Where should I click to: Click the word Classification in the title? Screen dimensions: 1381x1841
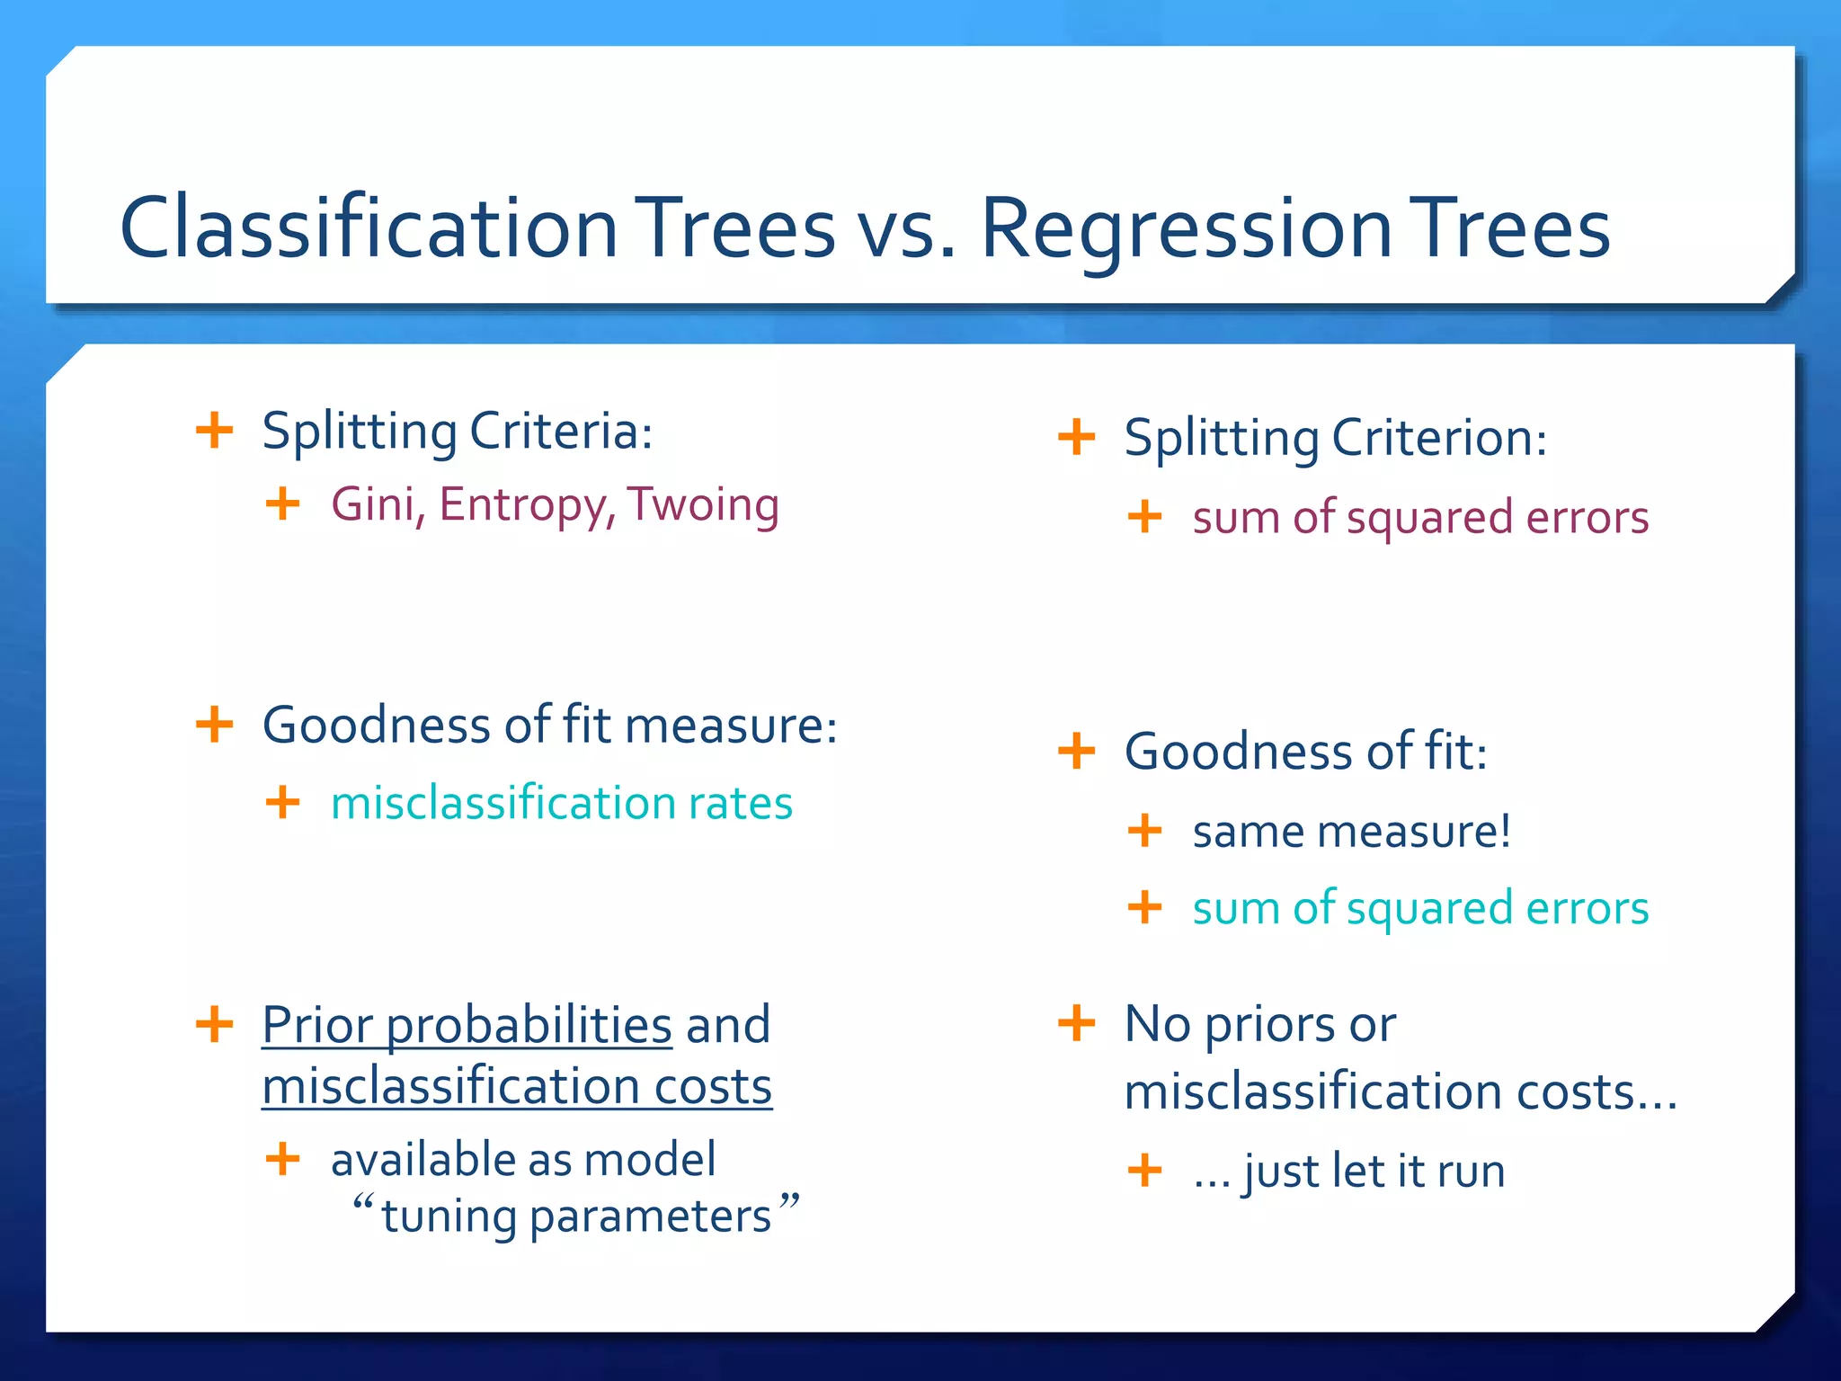click(369, 228)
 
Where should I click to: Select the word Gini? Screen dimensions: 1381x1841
click(377, 504)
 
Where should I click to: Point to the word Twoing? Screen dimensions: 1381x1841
click(703, 504)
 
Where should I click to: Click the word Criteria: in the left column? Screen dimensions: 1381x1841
click(561, 432)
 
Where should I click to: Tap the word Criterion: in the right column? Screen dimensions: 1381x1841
click(1438, 438)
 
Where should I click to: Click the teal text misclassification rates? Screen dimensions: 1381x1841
click(562, 803)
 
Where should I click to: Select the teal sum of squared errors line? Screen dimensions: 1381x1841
click(1420, 908)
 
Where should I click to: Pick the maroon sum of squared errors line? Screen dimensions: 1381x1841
click(1420, 518)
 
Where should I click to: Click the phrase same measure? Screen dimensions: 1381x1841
click(1351, 832)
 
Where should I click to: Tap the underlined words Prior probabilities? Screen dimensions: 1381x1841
click(467, 1025)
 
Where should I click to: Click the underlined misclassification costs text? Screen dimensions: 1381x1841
click(517, 1087)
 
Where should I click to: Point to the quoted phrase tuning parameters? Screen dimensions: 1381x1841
click(575, 1216)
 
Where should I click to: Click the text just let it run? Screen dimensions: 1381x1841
click(1374, 1172)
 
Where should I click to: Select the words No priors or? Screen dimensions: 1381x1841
click(1260, 1024)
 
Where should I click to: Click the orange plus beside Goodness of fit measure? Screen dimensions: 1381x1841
click(215, 725)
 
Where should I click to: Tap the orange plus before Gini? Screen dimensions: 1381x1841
click(283, 503)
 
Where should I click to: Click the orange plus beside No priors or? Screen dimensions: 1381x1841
click(1077, 1023)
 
